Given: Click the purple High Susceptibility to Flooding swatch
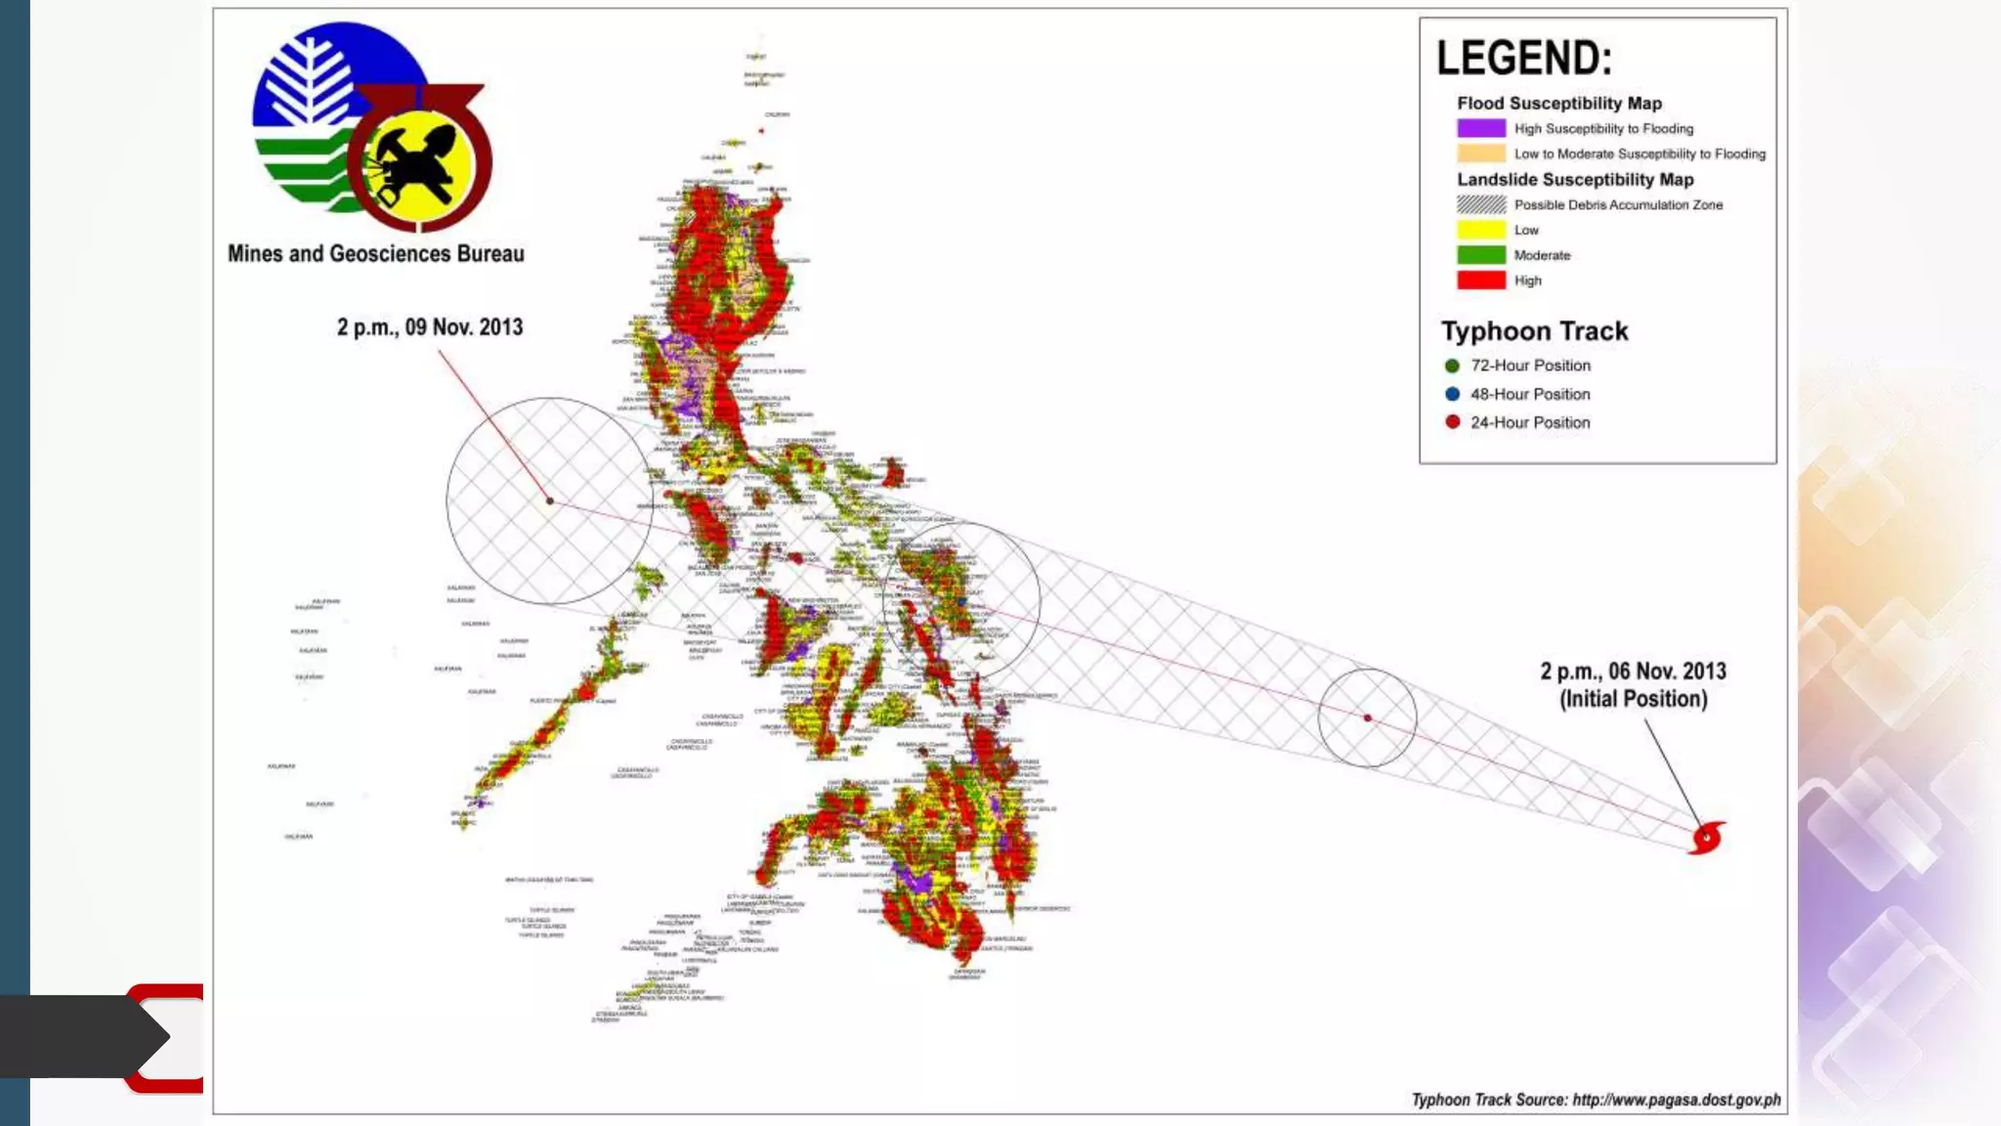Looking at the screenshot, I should [1480, 128].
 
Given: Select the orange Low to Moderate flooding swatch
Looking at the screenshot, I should [1480, 153].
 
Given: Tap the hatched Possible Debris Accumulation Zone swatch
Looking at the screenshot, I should [1480, 204].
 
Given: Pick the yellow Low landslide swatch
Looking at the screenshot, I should [1480, 230].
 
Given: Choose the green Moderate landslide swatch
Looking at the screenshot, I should [1480, 255].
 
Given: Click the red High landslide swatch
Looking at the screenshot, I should [1480, 281].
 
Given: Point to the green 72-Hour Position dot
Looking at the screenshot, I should [1452, 366].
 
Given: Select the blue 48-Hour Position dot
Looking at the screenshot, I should [1452, 394].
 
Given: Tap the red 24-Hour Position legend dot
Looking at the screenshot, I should [1452, 422].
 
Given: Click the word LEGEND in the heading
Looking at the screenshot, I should [1522, 59].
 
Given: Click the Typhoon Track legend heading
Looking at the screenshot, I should [1534, 331].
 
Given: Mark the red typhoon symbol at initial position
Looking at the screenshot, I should [1706, 838].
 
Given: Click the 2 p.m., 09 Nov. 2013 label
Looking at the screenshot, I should [430, 327].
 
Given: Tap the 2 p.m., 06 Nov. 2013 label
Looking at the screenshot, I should [1633, 671].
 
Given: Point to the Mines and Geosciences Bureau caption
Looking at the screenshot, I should [375, 254].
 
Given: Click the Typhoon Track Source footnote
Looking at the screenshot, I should [1596, 1100].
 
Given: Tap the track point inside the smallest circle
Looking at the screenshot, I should [1367, 717].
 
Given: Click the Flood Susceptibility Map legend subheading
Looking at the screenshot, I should [1558, 104].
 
